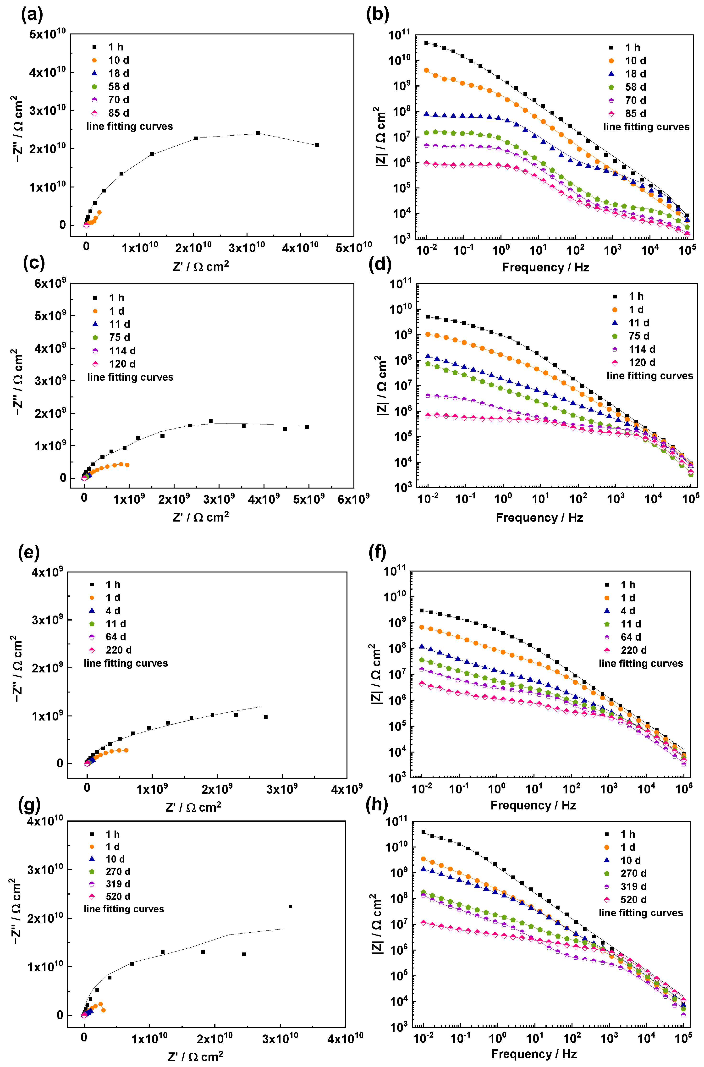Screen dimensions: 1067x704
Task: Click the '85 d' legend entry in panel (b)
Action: [x=635, y=114]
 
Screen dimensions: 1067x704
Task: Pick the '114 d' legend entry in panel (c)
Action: [x=122, y=351]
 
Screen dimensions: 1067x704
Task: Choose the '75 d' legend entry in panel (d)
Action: [x=638, y=336]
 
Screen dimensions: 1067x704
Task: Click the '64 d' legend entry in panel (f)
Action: [x=630, y=637]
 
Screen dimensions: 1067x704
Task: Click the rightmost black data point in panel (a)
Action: [x=317, y=145]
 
